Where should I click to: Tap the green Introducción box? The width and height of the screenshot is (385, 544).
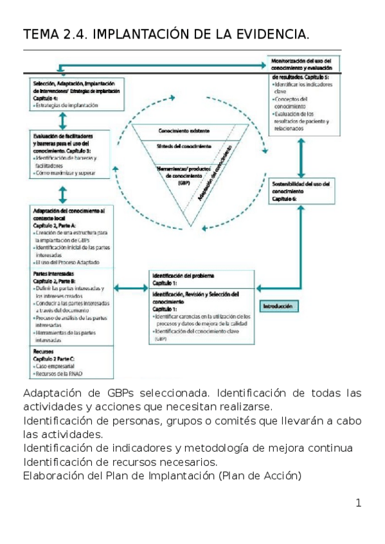tap(278, 307)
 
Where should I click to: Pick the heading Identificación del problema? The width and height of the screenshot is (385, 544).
tap(183, 275)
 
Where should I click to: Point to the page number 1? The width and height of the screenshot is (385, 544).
tap(358, 502)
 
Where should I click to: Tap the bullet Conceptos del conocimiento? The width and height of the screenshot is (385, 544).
tap(291, 103)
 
